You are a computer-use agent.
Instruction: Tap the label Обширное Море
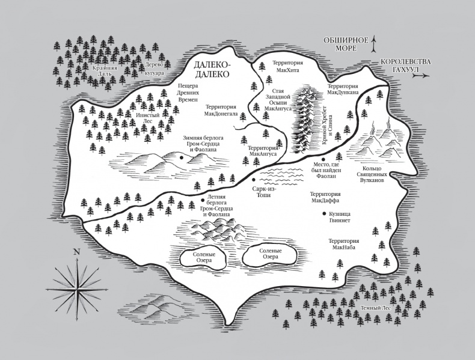point(345,45)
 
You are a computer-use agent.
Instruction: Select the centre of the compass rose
point(76,281)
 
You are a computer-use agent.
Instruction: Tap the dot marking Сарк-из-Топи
point(254,180)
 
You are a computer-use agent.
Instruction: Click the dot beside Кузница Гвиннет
point(323,214)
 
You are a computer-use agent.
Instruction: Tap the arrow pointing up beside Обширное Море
point(374,43)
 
